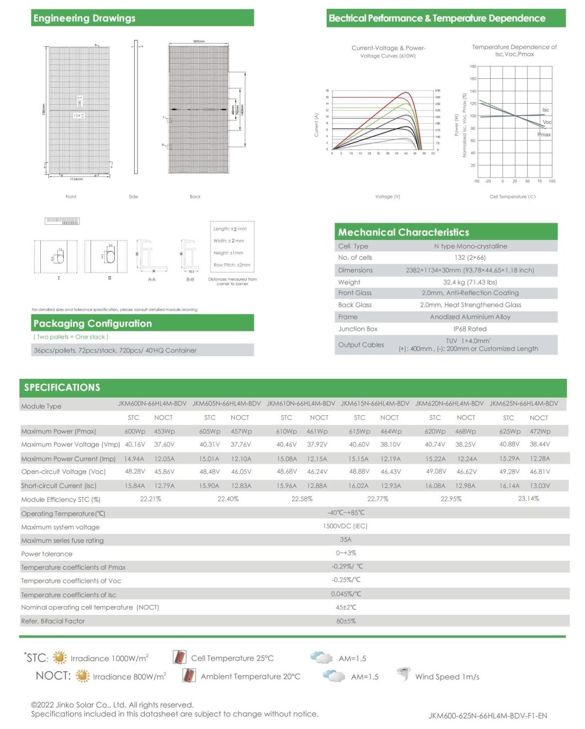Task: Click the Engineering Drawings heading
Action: [84, 18]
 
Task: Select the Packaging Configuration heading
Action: [92, 324]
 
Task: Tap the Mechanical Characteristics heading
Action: [403, 233]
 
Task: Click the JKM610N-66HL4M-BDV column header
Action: [301, 404]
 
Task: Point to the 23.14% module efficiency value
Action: [528, 498]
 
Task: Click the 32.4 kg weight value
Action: [470, 282]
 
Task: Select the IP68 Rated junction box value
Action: [470, 329]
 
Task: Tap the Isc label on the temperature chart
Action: [545, 110]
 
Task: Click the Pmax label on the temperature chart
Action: [544, 135]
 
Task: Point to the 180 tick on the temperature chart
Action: [473, 66]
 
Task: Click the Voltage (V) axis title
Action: [387, 197]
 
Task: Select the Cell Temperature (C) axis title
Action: [512, 197]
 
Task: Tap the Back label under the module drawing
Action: [195, 197]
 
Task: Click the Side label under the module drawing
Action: [133, 197]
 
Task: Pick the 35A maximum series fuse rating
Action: [345, 540]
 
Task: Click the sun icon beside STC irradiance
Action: [60, 657]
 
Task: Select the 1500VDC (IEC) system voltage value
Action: [345, 526]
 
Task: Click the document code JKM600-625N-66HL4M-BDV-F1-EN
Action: [487, 716]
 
